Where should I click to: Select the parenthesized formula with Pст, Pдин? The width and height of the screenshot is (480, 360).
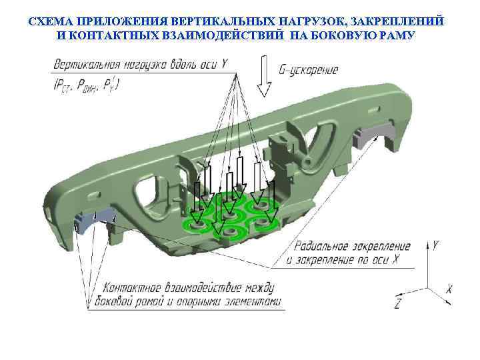(85, 84)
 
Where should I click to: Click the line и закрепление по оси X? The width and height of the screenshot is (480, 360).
(341, 260)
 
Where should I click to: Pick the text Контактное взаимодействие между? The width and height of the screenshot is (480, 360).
(189, 288)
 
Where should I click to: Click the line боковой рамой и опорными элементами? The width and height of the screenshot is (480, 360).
(192, 302)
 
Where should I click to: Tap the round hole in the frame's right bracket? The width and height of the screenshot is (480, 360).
(309, 161)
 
